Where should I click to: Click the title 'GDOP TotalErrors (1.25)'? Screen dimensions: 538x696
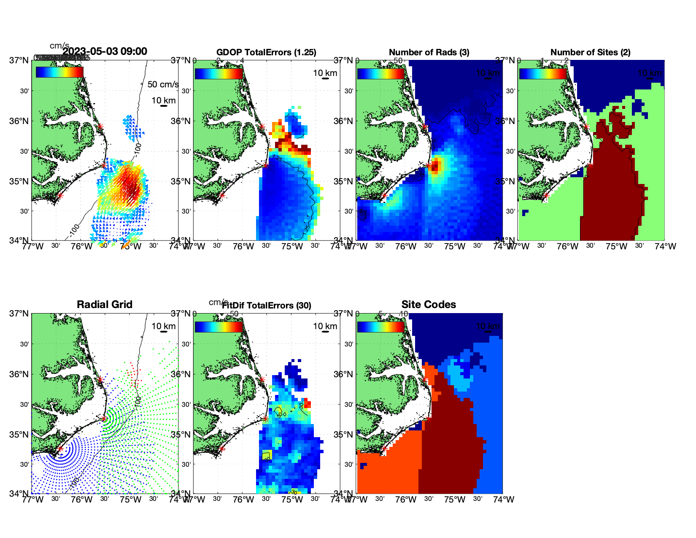pos(266,52)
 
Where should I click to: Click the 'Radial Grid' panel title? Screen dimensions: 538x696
pos(105,305)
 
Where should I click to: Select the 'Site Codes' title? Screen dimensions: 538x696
pos(429,305)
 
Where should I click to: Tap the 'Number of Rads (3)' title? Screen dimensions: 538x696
pos(429,52)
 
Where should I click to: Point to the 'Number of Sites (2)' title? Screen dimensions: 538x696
pos(590,52)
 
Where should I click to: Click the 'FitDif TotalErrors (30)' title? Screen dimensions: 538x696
pos(267,305)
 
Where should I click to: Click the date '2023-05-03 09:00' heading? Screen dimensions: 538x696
pos(105,51)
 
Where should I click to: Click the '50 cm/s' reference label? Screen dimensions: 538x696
pos(163,84)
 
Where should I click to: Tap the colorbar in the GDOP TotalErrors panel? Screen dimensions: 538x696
pos(219,73)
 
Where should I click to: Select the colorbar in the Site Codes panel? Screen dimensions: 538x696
pos(381,326)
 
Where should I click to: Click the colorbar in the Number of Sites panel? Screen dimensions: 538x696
pos(543,73)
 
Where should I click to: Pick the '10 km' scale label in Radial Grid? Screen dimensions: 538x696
pos(164,326)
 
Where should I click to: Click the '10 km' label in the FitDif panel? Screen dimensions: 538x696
pos(325,326)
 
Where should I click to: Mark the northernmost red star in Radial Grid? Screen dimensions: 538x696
pos(100,380)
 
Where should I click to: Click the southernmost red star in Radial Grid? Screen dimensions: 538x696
pos(60,449)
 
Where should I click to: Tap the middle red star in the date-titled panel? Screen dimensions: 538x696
pos(104,165)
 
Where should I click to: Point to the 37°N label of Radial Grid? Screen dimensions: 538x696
pos(19,314)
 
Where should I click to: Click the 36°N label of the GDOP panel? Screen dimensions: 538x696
pos(181,121)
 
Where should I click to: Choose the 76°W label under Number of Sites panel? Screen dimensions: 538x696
pos(567,246)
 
